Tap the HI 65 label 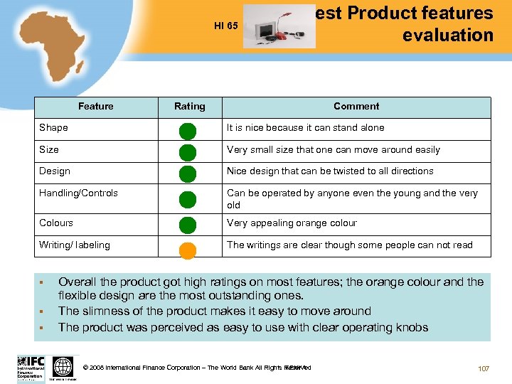click(225, 26)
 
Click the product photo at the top click(279, 27)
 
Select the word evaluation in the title click(447, 35)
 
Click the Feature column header click(96, 107)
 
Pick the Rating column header click(189, 107)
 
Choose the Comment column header click(356, 107)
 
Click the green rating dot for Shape click(187, 131)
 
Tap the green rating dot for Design click(187, 174)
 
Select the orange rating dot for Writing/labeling click(187, 250)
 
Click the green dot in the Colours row click(187, 225)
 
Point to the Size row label click(49, 150)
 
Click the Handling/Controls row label click(78, 193)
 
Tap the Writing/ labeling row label click(75, 245)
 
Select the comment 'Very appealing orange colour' click(292, 223)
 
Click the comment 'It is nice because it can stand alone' click(305, 128)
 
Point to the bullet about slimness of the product click(214, 311)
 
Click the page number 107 click(484, 368)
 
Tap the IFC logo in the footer click(31, 366)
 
